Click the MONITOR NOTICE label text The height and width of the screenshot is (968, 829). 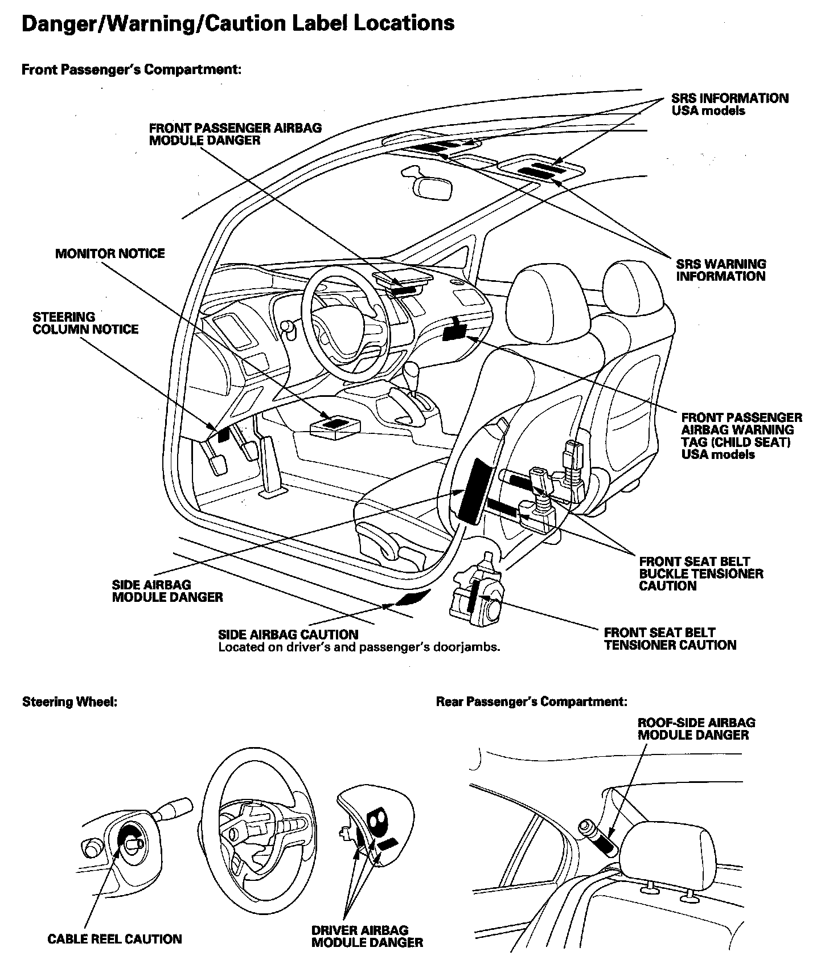110,253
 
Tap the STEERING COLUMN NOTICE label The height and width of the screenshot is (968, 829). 85,323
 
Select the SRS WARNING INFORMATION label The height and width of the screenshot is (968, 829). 721,270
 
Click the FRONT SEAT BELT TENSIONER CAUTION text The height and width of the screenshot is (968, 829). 670,638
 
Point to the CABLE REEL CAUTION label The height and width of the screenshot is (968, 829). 114,939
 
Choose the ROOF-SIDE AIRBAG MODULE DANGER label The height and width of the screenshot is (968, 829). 696,728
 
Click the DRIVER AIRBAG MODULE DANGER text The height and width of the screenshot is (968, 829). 367,936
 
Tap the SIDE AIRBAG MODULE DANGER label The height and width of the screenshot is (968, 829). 167,590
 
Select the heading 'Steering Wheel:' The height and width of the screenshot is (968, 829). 69,702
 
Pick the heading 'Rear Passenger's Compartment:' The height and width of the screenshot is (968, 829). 531,702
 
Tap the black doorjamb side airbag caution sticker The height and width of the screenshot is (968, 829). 412,598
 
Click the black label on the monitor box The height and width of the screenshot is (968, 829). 335,423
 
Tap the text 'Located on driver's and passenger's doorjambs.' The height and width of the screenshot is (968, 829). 359,647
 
